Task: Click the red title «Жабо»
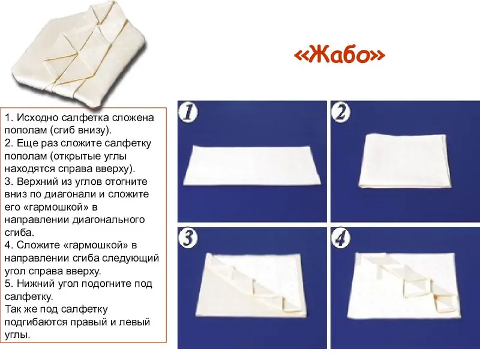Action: (339, 55)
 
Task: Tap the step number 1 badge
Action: (188, 112)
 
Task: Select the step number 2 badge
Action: (341, 112)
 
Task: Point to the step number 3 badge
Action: (188, 238)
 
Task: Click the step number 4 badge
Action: (341, 238)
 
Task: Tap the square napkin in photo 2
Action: (404, 161)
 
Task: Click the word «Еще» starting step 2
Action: (26, 143)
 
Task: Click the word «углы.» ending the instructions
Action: (17, 335)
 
